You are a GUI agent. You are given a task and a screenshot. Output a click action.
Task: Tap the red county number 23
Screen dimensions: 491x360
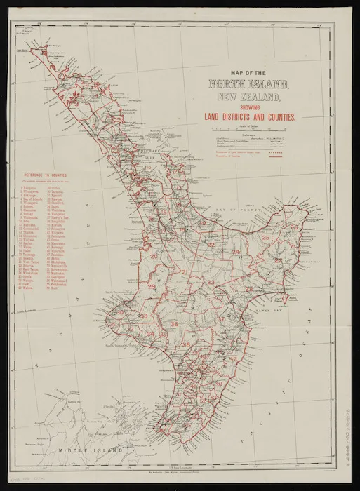(x=230, y=282)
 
